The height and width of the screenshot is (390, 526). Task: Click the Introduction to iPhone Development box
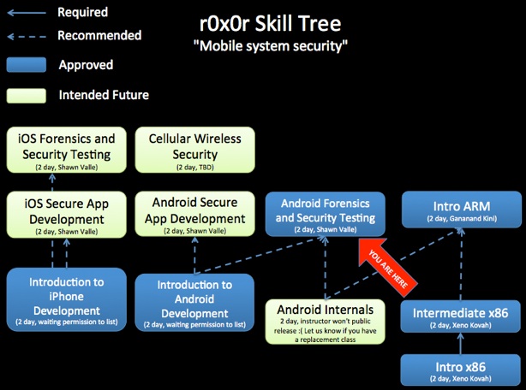coord(66,296)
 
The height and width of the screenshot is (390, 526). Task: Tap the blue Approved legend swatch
coord(27,65)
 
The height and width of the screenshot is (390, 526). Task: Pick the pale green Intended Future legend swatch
coord(27,94)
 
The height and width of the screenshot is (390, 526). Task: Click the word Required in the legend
coord(82,12)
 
